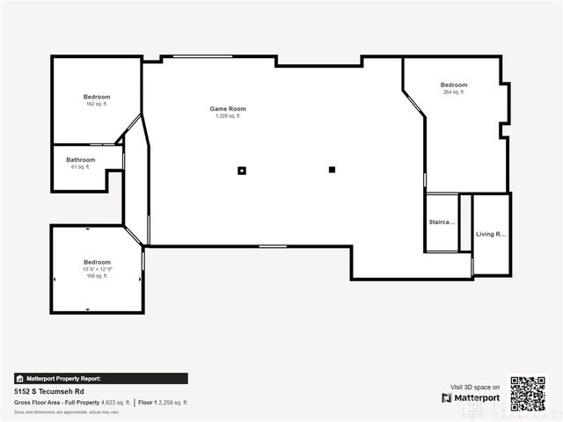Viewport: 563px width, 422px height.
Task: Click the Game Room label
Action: point(225,108)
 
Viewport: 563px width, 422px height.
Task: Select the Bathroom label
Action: point(80,159)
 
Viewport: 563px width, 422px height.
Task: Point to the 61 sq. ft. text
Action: point(80,166)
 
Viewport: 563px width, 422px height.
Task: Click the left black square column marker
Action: point(242,171)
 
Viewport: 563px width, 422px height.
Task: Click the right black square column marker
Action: point(333,170)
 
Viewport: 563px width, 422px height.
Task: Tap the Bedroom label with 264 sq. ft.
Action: point(454,84)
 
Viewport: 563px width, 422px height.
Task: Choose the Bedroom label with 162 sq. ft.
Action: point(97,97)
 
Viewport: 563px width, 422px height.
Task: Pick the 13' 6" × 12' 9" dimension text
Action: point(97,269)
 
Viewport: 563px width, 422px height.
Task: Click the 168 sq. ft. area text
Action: point(97,276)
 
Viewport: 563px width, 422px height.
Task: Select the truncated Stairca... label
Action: point(442,222)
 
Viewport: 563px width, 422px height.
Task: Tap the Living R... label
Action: point(491,234)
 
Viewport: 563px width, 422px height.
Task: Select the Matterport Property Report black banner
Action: point(100,378)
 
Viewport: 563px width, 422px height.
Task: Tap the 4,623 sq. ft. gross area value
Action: point(115,402)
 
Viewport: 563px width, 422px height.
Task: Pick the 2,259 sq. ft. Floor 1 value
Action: point(172,402)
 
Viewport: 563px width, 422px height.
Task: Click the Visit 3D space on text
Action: point(475,387)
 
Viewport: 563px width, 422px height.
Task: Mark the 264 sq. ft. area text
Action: point(454,92)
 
